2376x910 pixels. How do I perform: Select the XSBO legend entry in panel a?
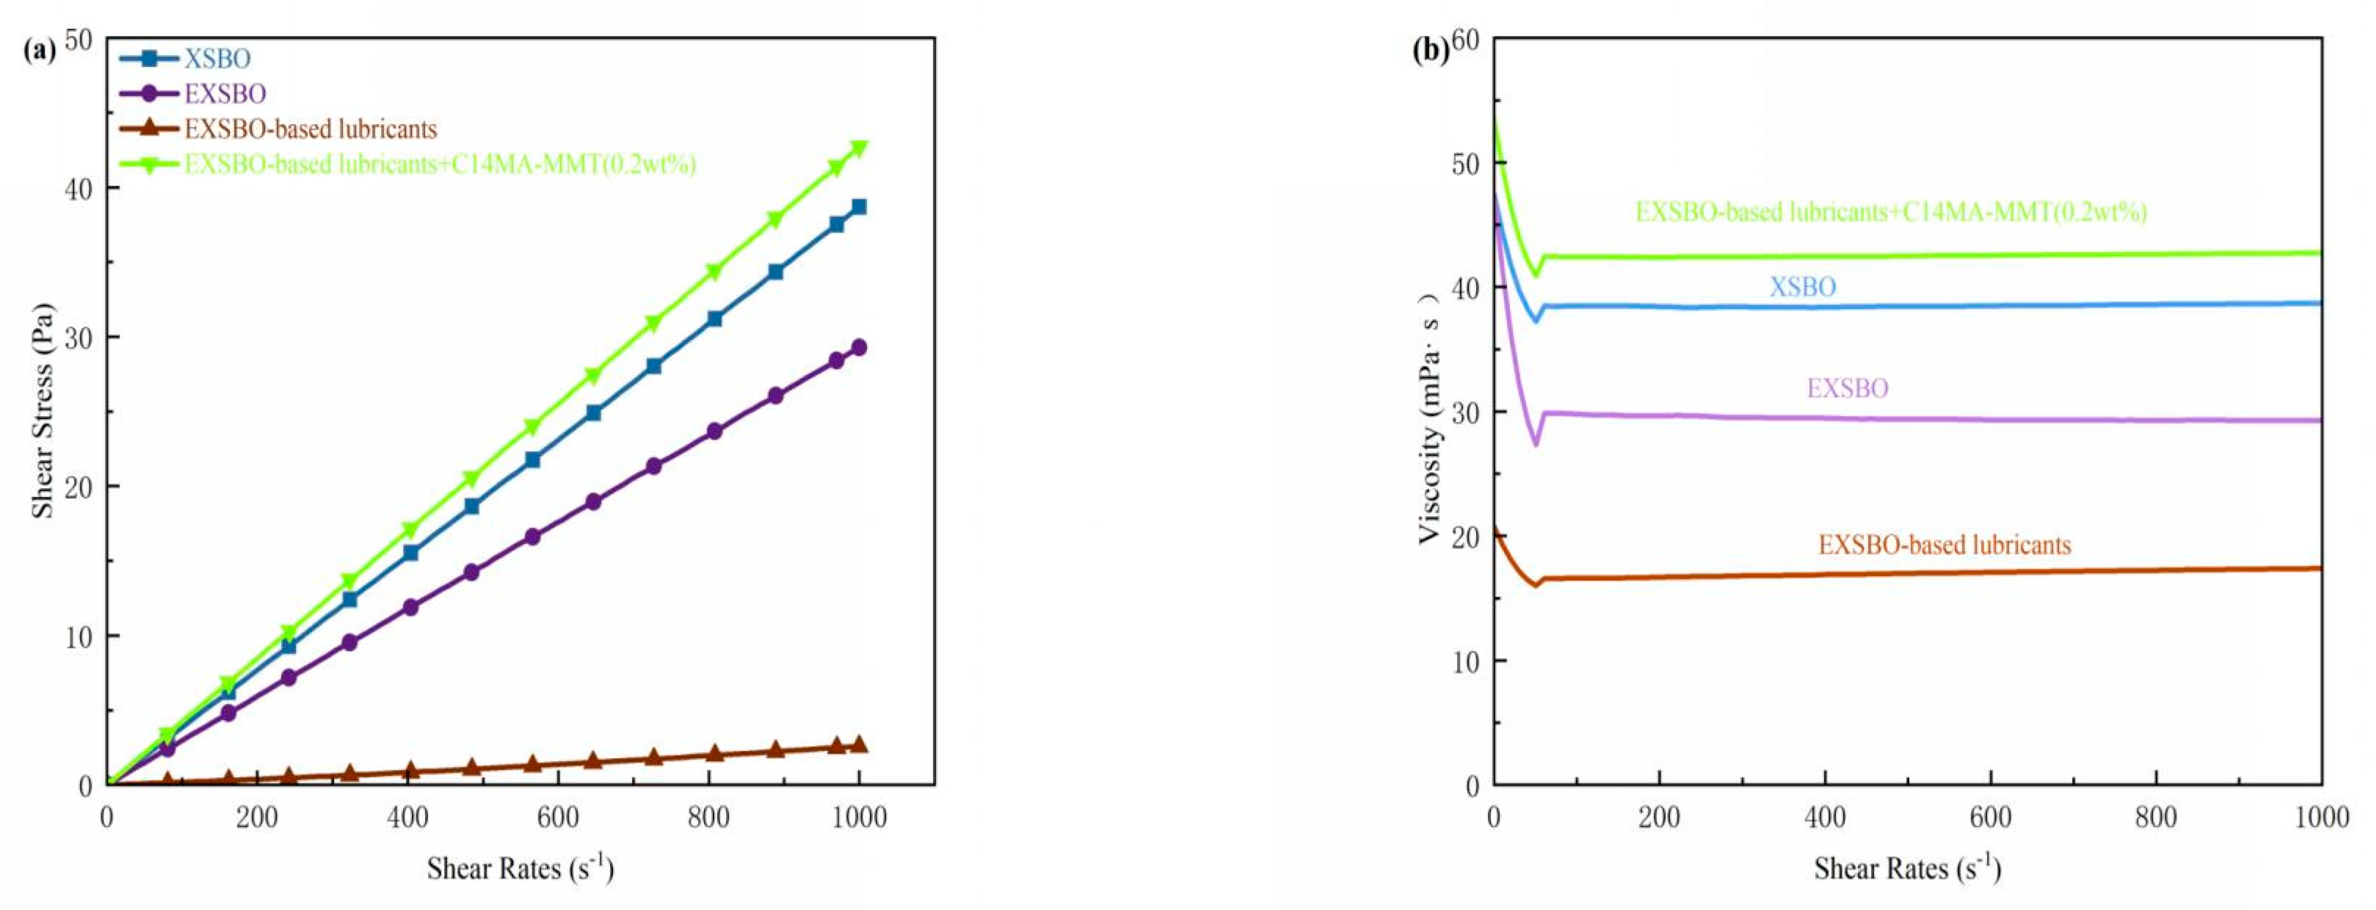click(x=217, y=59)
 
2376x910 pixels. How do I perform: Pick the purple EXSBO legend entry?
click(x=225, y=94)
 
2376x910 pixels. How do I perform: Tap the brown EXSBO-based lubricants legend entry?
click(x=310, y=129)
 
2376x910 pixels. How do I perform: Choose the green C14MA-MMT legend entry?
click(x=439, y=164)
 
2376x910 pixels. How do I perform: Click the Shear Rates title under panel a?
click(x=519, y=868)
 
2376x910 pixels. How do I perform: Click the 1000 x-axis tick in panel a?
click(x=858, y=817)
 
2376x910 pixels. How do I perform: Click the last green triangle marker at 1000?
click(x=859, y=148)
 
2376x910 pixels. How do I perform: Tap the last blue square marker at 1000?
click(x=859, y=206)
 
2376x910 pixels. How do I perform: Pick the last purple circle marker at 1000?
click(x=859, y=348)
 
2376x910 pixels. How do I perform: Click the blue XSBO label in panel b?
click(x=1801, y=287)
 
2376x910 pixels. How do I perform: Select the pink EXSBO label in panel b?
click(x=1847, y=388)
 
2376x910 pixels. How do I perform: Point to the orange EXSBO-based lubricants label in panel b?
click(x=1944, y=545)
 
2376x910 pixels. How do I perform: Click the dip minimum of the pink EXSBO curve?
click(x=1536, y=445)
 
